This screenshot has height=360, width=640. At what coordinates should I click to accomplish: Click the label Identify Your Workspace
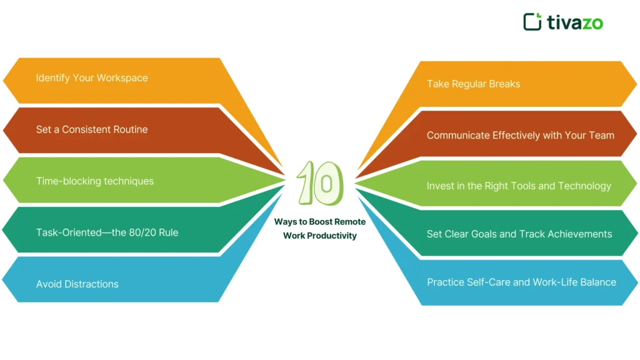92,78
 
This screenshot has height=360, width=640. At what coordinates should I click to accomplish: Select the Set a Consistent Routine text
92,130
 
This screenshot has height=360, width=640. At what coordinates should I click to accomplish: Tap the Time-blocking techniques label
94,181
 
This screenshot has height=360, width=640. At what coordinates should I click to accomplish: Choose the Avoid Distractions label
77,284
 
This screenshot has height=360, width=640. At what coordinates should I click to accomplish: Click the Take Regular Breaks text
473,84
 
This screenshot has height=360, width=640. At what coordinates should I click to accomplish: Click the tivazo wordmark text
575,22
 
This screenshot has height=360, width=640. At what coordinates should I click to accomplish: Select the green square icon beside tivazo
532,21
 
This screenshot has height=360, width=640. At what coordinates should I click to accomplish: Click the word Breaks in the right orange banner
504,84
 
